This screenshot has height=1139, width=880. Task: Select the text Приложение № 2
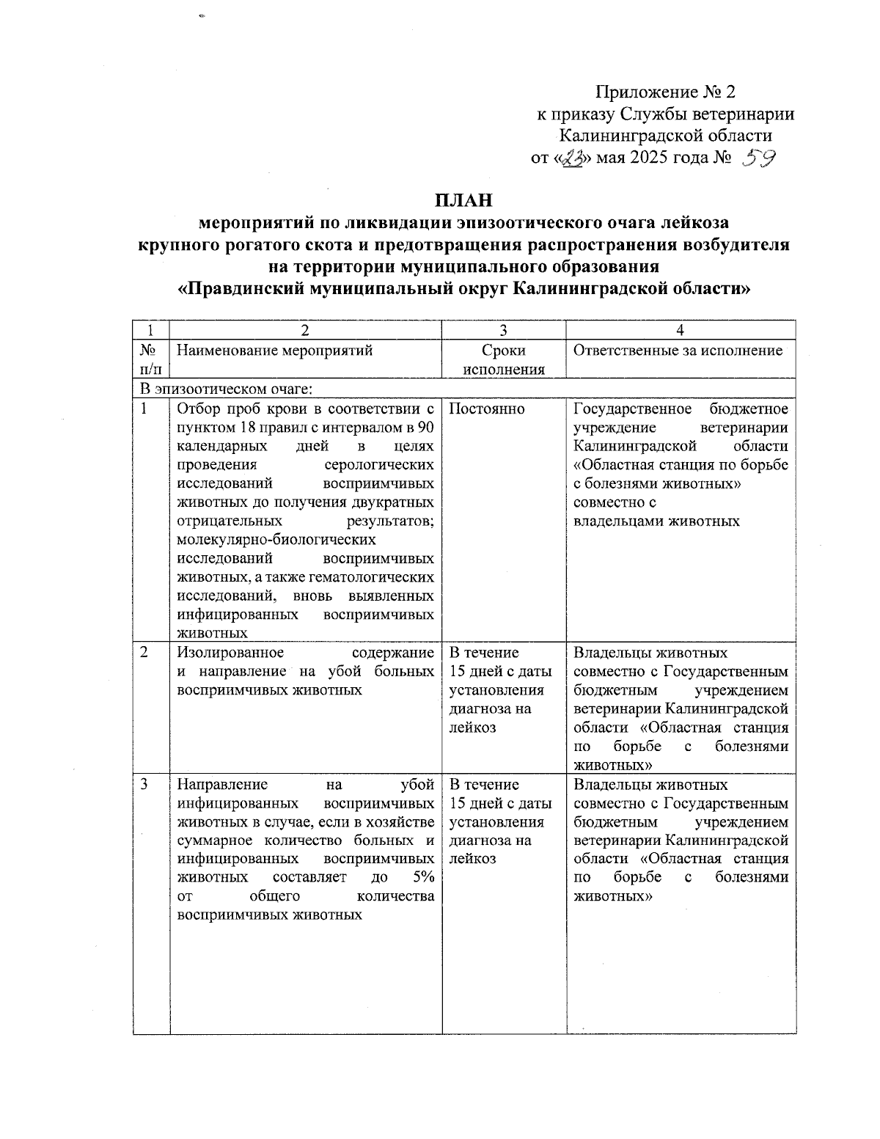665,92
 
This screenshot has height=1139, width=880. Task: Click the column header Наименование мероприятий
275,351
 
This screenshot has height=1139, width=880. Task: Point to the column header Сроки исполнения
503,359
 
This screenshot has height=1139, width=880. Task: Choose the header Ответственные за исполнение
678,351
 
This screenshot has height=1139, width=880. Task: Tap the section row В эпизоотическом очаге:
224,389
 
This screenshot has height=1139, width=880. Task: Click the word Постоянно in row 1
486,409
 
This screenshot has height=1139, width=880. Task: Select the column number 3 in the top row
503,330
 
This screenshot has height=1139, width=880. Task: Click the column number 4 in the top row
681,330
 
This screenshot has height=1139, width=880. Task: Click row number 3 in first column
144,784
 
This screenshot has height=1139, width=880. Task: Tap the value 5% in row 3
422,878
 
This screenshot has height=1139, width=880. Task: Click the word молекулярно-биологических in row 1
276,540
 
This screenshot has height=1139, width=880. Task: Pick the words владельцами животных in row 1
656,521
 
